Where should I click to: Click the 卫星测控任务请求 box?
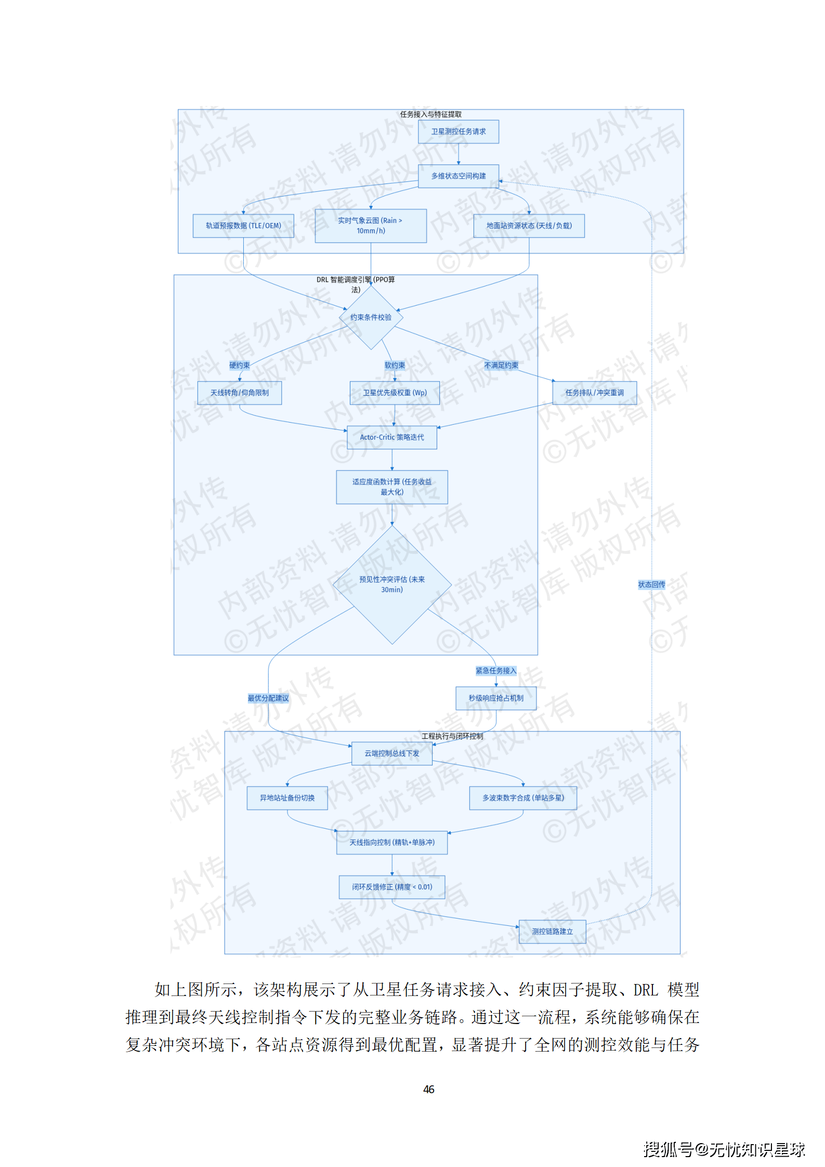(458, 132)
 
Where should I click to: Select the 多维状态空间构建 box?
(458, 176)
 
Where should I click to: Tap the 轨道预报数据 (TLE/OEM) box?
(243, 226)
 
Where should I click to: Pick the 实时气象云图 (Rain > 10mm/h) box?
(370, 226)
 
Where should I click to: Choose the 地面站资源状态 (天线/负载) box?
(529, 226)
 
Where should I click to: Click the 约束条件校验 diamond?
(371, 317)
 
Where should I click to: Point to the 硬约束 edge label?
(239, 365)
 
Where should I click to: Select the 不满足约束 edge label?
(501, 365)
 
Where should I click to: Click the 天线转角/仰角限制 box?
(239, 392)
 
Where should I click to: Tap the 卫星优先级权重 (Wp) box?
(395, 392)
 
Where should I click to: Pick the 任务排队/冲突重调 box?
(594, 392)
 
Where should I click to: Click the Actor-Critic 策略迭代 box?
(391, 437)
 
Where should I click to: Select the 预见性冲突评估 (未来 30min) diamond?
(391, 584)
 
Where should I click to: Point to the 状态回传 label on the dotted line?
(651, 585)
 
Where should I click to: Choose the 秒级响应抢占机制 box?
(495, 698)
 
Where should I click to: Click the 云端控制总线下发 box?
(391, 753)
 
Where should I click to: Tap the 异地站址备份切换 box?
(287, 798)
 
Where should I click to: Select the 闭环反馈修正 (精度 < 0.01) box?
(391, 887)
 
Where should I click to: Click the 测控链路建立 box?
(552, 932)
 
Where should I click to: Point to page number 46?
(428, 1090)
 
